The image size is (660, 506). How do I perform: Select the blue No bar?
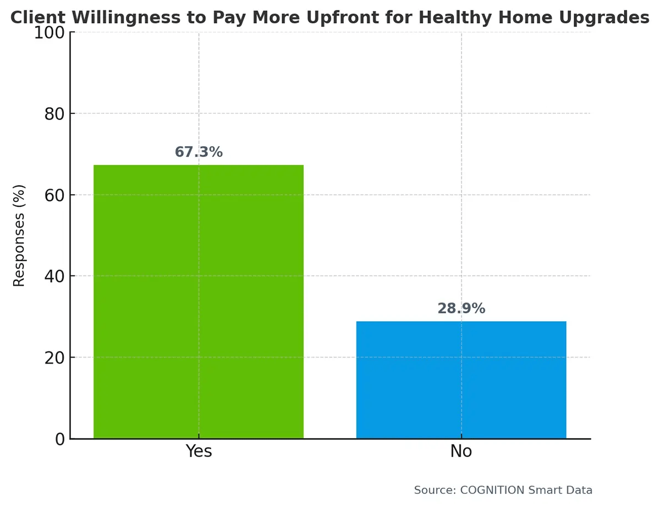(x=461, y=380)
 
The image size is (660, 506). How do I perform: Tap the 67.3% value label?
(x=199, y=152)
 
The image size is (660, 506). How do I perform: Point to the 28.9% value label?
(x=461, y=309)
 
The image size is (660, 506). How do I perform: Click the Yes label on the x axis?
(x=199, y=452)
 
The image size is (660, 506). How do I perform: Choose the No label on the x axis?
(x=461, y=452)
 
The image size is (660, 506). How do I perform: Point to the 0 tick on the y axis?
(x=59, y=439)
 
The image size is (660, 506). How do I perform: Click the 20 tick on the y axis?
(x=54, y=358)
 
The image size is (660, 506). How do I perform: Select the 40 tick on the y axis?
(x=54, y=276)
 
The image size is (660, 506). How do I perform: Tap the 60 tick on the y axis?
(x=54, y=195)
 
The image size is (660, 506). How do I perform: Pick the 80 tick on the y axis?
(x=54, y=114)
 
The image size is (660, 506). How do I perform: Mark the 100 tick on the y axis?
(x=50, y=32)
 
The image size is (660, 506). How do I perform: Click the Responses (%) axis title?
(x=19, y=235)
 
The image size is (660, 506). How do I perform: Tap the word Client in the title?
(x=38, y=18)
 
